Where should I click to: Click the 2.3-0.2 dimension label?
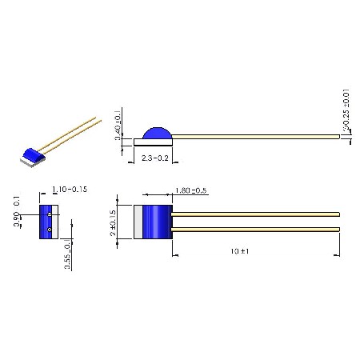click(154, 159)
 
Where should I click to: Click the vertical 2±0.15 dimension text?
click(114, 222)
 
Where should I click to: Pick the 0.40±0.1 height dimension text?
click(118, 125)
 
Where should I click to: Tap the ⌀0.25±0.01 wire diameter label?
click(346, 110)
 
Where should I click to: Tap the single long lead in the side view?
click(256, 138)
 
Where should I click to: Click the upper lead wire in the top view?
click(256, 214)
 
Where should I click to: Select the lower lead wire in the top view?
click(256, 230)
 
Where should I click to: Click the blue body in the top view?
click(161, 222)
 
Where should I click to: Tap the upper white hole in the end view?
click(50, 214)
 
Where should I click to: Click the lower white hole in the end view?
click(50, 230)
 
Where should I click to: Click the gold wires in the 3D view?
click(72, 133)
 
